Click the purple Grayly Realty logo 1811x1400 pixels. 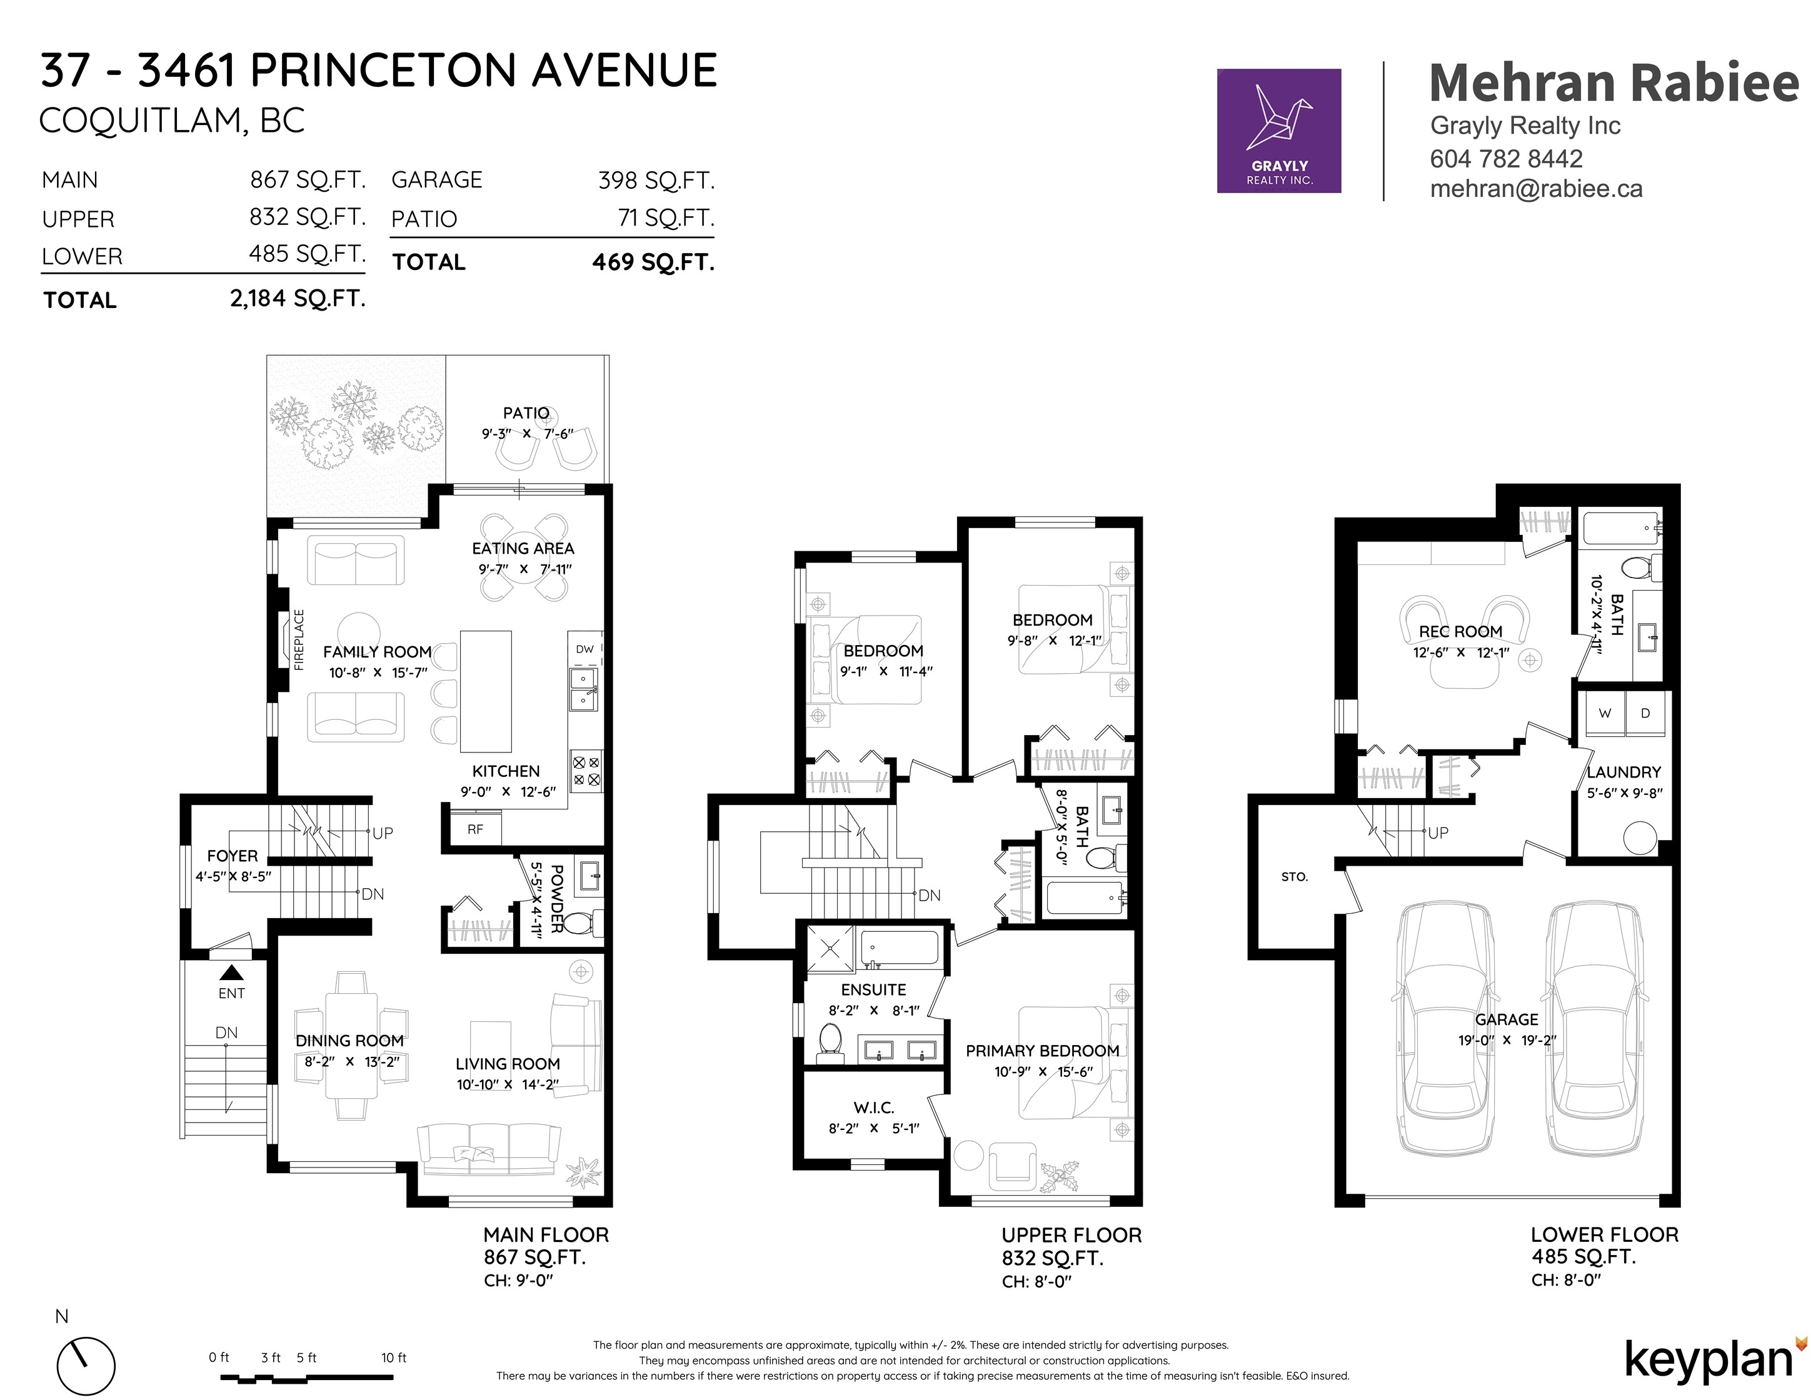[1278, 131]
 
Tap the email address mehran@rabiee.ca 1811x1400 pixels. [1536, 189]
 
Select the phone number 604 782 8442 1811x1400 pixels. [1506, 158]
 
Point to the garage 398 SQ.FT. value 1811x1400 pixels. [656, 180]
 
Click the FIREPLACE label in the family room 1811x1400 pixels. [299, 639]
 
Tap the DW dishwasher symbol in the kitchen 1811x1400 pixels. [585, 649]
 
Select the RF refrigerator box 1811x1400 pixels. [475, 828]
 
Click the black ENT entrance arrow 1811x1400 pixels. [231, 973]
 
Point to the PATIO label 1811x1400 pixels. [526, 412]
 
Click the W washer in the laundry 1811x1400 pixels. [1605, 713]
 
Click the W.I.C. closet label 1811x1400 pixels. [873, 1107]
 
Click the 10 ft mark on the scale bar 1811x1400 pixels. [394, 1357]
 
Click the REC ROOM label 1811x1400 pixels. [1460, 632]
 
